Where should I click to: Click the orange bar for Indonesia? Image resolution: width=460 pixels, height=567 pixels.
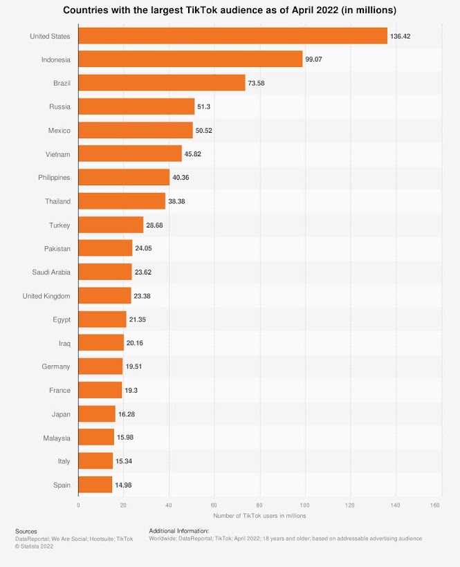coord(190,59)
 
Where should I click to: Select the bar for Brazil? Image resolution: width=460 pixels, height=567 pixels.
coord(162,83)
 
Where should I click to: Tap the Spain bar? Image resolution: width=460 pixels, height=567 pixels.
coord(95,485)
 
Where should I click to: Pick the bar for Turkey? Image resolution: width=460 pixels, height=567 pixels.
coord(111,225)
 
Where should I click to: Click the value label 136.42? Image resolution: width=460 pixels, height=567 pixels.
coord(401,36)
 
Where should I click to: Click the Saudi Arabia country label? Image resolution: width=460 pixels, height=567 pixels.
coord(51,272)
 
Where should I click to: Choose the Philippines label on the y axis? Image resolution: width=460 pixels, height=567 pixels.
coord(54,178)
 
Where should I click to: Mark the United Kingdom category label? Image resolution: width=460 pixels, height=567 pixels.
coord(46,296)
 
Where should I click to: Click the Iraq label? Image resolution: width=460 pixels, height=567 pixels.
coord(64,343)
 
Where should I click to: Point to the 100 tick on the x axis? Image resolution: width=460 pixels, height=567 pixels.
coord(305,505)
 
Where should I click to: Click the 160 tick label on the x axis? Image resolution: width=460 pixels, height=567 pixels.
coord(436,505)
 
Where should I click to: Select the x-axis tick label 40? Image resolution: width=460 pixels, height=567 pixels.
coord(169,505)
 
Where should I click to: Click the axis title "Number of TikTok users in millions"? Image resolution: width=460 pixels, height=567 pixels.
coord(259,516)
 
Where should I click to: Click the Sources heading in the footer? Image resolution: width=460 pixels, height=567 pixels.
coord(26,531)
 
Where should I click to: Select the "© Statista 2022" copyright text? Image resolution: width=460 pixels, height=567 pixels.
coord(34,546)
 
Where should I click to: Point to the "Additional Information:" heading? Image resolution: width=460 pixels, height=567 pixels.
coord(179,531)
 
